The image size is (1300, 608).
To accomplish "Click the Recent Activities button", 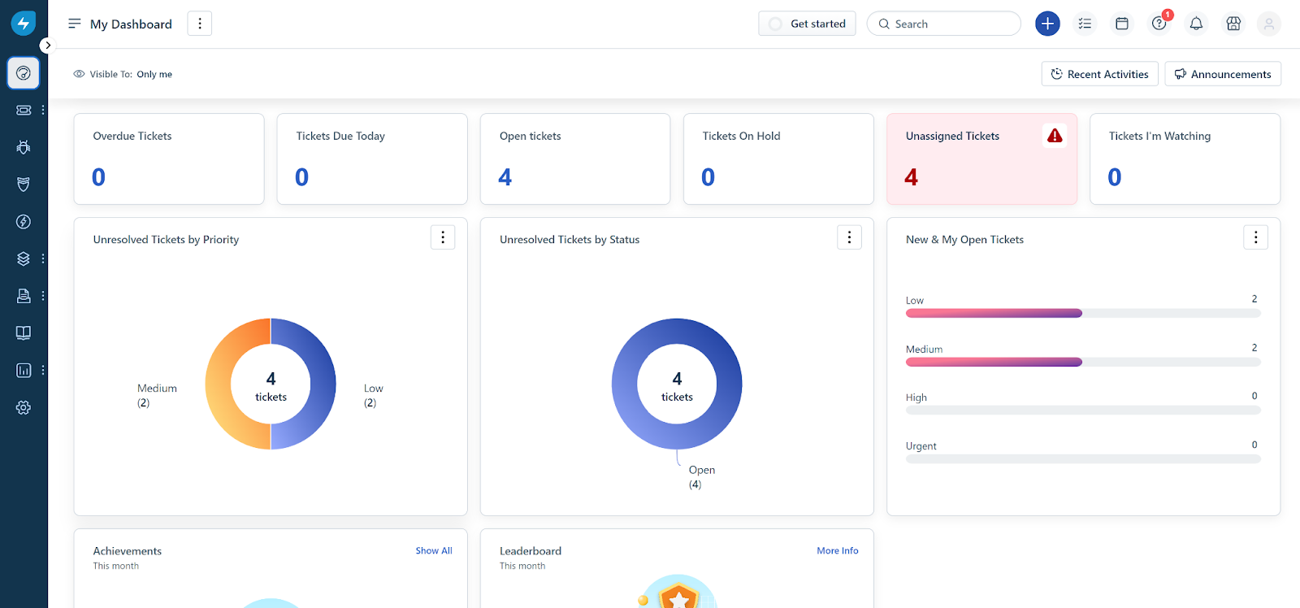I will click(1099, 74).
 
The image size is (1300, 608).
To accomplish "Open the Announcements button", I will click(1223, 74).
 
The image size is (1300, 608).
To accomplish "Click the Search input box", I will click(951, 24).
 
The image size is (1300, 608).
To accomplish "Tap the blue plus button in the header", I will click(1047, 24).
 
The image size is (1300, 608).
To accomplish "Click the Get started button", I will click(807, 24).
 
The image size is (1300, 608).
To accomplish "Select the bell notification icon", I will click(1196, 24).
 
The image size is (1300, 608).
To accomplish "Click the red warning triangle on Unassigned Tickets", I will click(1055, 136).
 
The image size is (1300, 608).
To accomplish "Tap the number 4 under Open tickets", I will click(505, 177).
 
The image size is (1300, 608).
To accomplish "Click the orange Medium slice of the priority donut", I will click(220, 383).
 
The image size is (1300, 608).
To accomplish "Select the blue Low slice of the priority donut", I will click(323, 383).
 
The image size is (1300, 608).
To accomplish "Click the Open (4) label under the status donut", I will click(700, 477).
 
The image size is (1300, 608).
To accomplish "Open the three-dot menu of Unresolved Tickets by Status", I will click(849, 237).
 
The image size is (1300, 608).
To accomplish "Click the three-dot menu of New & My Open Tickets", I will click(1255, 237).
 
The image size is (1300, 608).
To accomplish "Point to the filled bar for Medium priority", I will click(994, 362).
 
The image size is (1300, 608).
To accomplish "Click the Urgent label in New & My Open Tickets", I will click(921, 446).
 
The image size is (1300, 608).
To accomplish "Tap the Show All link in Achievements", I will click(434, 551).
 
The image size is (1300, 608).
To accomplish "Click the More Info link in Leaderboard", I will click(837, 551).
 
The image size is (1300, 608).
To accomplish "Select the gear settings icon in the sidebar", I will click(24, 407).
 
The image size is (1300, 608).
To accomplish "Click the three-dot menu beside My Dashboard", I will click(199, 24).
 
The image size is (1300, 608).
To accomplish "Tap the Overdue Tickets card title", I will click(132, 136).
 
